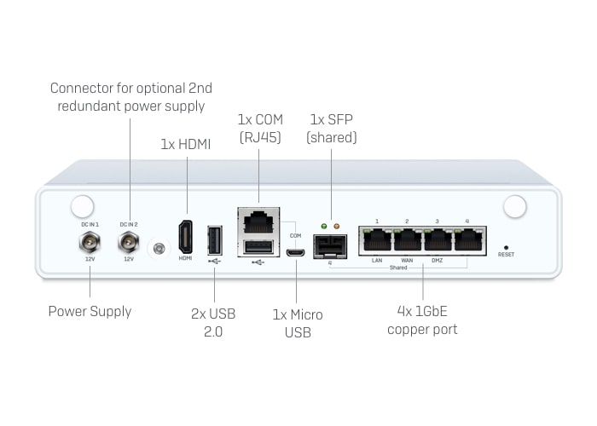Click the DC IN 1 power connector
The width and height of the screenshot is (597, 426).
89,243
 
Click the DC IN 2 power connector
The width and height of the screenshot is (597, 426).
129,243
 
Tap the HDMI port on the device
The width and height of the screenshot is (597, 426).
185,236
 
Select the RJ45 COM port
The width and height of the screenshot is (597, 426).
258,223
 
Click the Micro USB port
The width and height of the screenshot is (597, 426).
295,252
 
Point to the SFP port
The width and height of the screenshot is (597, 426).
329,246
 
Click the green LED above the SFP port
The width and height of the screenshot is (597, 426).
323,227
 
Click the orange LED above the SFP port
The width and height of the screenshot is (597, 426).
336,227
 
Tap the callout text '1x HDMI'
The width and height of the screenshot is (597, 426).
187,145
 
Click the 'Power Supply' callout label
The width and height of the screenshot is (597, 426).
90,311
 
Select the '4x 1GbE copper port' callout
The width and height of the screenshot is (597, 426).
422,321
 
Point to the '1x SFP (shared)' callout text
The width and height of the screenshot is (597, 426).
332,128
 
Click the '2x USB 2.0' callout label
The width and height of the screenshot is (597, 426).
213,322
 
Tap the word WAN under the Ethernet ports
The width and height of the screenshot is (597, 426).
407,260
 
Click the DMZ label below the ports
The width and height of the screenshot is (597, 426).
437,260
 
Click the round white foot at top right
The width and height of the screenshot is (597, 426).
515,207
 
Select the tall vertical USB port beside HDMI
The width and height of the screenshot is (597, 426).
214,239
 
